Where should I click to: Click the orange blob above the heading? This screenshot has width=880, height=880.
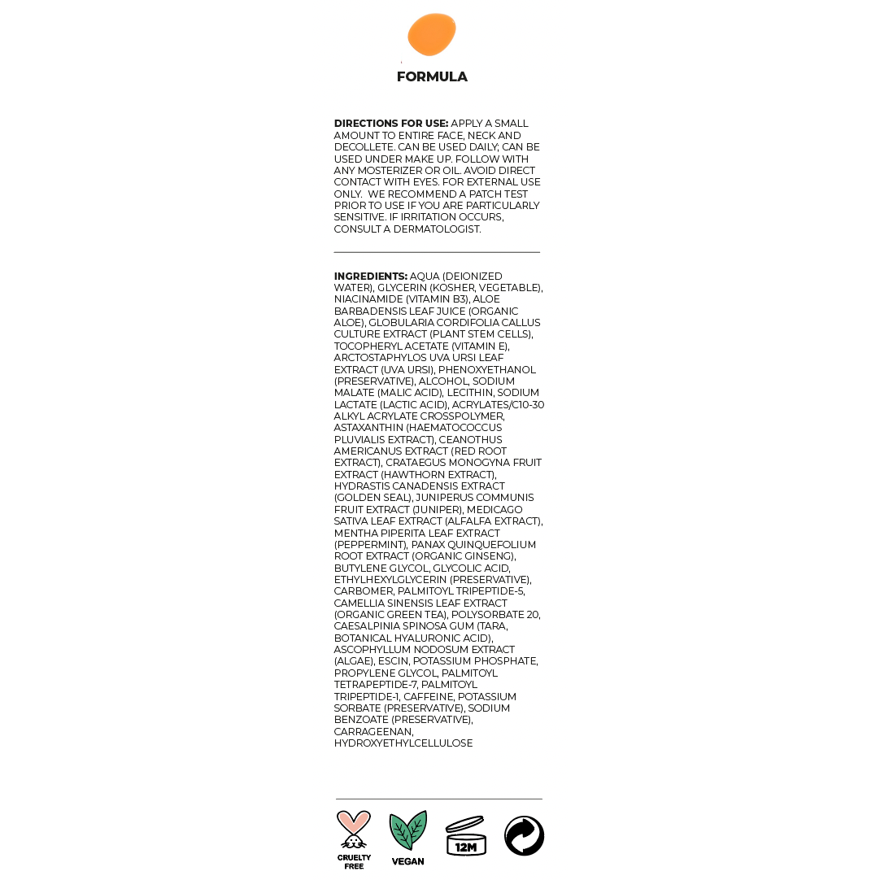click(x=432, y=35)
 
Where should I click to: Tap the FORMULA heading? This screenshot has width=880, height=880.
click(x=432, y=77)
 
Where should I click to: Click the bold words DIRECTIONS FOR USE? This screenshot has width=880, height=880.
click(x=390, y=124)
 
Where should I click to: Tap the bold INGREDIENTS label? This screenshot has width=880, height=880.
click(x=370, y=277)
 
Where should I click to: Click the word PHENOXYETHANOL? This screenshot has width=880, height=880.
click(x=487, y=370)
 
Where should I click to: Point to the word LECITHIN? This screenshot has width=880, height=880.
click(x=470, y=393)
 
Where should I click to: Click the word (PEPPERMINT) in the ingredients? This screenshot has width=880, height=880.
click(x=370, y=545)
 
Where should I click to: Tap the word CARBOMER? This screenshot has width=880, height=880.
click(x=364, y=591)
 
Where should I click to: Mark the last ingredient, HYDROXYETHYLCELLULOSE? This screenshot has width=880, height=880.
click(x=403, y=743)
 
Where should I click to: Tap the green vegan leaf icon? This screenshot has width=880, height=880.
click(x=407, y=831)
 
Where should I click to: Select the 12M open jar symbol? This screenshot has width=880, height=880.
click(x=465, y=836)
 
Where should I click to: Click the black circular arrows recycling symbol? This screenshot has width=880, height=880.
click(x=524, y=836)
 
